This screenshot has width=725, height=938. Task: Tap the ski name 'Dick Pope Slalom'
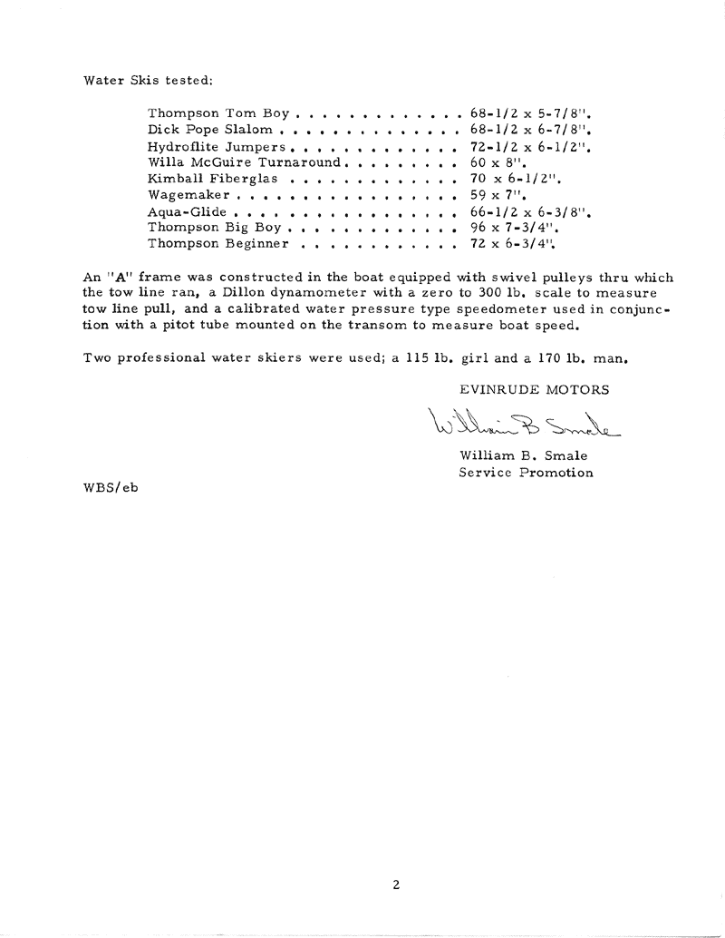click(x=209, y=131)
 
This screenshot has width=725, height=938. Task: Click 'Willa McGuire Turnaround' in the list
click(x=244, y=163)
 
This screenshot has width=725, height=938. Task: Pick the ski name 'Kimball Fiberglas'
click(x=213, y=180)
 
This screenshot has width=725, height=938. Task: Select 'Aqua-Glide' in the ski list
click(x=187, y=211)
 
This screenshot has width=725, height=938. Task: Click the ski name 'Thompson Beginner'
click(x=217, y=244)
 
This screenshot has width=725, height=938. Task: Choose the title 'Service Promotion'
click(x=526, y=473)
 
